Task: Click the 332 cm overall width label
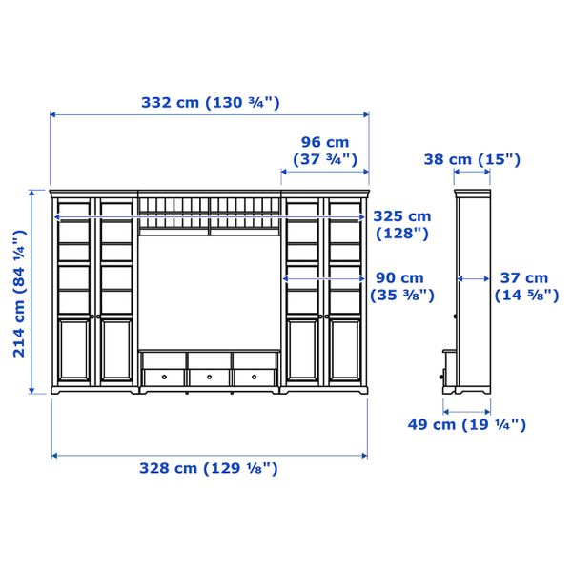coord(211,103)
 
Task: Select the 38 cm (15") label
coord(472,159)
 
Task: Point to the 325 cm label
coord(402,225)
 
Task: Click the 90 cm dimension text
coord(402,286)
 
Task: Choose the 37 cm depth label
coord(526,286)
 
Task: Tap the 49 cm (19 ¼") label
coord(466,424)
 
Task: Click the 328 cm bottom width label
coord(209,468)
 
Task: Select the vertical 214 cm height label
coord(20,294)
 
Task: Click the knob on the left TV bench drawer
coord(164,377)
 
